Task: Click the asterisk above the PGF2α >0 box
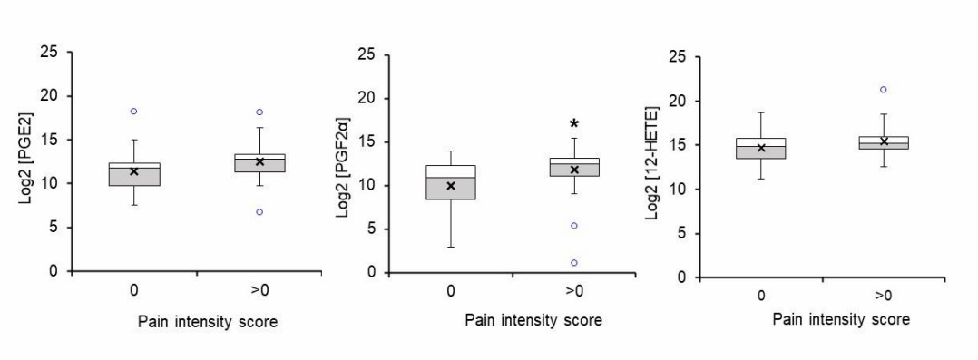point(573,124)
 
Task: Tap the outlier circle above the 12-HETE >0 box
point(883,89)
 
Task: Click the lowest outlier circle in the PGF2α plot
point(573,263)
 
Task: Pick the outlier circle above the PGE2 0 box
point(133,112)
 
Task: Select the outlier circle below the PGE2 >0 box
point(259,211)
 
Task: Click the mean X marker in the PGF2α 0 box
point(450,186)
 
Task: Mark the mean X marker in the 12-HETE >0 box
point(884,141)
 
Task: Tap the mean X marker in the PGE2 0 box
point(133,170)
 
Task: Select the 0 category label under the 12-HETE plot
point(760,296)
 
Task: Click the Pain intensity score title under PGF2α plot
point(533,321)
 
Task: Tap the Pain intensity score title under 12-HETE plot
point(841,320)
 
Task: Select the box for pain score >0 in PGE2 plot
point(259,162)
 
